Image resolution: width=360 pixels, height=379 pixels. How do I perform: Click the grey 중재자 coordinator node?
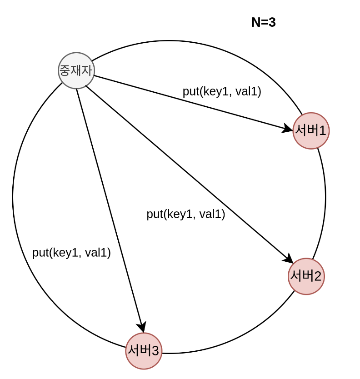[x=76, y=70]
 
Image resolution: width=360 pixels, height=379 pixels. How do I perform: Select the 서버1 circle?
[x=311, y=131]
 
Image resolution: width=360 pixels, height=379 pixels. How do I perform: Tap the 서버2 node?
[x=306, y=276]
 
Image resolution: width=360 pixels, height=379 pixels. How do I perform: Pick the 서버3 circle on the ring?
[x=144, y=351]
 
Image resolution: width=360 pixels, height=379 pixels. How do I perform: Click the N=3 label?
[x=263, y=22]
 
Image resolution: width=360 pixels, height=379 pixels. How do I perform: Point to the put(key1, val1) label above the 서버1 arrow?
[x=222, y=91]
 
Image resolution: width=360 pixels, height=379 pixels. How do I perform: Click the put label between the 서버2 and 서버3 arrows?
[x=185, y=214]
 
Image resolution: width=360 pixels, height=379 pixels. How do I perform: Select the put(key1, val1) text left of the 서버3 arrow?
[x=71, y=253]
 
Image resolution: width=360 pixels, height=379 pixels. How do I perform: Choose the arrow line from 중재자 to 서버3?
[x=109, y=204]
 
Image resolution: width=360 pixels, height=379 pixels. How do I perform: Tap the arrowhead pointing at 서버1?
[x=288, y=129]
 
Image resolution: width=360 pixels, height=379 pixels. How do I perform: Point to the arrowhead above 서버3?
[x=141, y=327]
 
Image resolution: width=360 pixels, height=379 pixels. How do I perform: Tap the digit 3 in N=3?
[x=272, y=22]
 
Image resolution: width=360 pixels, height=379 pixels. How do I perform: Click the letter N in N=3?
[x=255, y=22]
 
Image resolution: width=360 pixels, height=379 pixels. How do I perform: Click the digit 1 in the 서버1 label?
[x=322, y=131]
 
